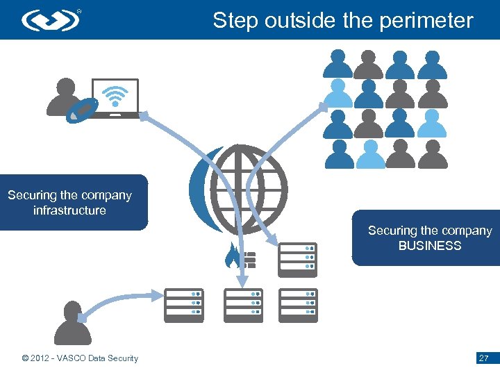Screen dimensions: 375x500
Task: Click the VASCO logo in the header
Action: point(51,19)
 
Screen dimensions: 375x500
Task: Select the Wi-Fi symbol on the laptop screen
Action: point(115,95)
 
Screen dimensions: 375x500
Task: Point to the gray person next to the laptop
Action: point(63,97)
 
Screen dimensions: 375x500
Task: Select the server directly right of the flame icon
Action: point(297,257)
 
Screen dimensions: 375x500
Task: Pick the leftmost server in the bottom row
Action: point(183,303)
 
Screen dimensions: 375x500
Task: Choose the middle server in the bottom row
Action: point(242,303)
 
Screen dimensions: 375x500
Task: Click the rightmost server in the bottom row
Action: point(297,303)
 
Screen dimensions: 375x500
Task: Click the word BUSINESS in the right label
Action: point(429,246)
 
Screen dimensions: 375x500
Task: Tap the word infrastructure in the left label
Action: point(69,210)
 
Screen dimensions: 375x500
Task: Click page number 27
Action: point(483,358)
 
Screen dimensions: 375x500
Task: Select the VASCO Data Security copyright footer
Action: point(80,358)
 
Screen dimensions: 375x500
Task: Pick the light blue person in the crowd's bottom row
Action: point(369,154)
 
